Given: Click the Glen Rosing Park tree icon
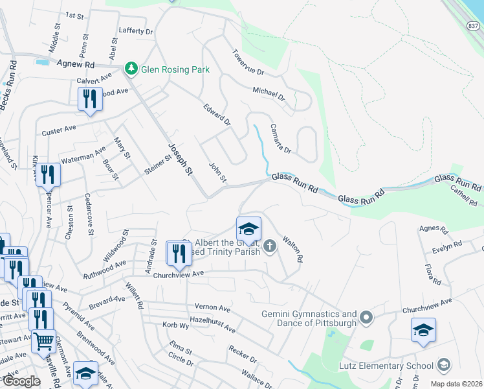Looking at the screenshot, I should point(131,68).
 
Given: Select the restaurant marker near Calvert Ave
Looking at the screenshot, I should point(90,100).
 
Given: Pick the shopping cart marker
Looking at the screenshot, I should point(43,340).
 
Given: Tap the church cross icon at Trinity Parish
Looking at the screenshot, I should point(270,245).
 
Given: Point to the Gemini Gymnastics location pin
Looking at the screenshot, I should point(367,318).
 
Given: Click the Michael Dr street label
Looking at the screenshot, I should point(269,95).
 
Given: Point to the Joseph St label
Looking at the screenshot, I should point(180,159).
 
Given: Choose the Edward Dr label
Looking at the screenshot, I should point(217,114).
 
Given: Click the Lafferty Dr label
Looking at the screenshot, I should point(135,30).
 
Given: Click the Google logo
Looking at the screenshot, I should point(21,381).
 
